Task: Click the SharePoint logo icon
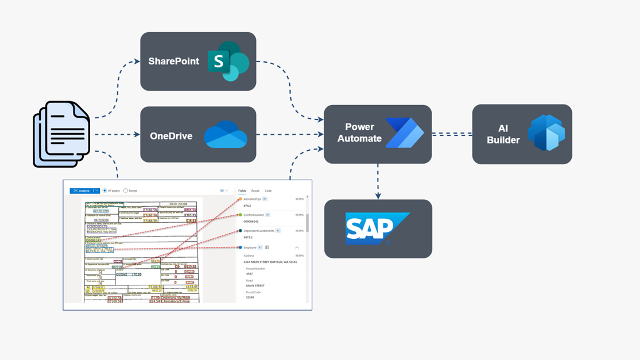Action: (228, 61)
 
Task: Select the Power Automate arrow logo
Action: (404, 133)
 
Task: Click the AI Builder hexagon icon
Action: (546, 133)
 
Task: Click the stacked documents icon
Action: (62, 134)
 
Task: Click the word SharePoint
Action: (173, 61)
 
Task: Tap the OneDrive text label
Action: (171, 136)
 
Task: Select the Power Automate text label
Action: (359, 133)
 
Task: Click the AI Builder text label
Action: (503, 134)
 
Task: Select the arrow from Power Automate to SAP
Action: (378, 181)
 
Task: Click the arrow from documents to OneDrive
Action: (117, 134)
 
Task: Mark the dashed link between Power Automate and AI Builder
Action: (452, 134)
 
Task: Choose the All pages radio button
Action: (104, 191)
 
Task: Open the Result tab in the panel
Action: (255, 191)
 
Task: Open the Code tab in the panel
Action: (268, 191)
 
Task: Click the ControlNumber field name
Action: (254, 215)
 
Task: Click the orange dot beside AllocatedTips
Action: (241, 199)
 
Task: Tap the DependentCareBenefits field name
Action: (259, 231)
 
